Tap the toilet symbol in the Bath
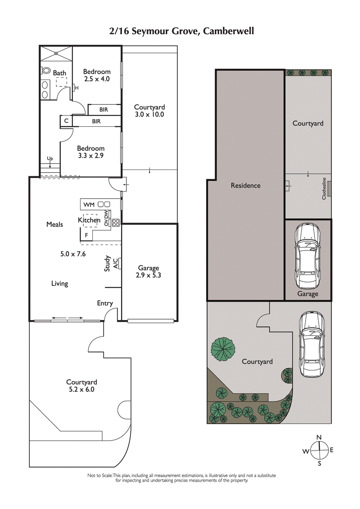[46, 70]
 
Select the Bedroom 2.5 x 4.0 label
[97, 75]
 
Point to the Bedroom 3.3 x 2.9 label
[90, 152]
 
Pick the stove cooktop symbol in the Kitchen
[116, 221]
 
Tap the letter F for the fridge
[86, 235]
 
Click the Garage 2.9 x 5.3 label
[148, 272]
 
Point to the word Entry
[105, 304]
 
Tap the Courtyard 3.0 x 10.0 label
[149, 111]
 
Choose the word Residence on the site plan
[245, 185]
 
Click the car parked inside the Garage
[308, 257]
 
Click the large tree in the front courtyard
[224, 348]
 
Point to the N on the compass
[319, 437]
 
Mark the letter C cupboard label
[66, 121]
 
